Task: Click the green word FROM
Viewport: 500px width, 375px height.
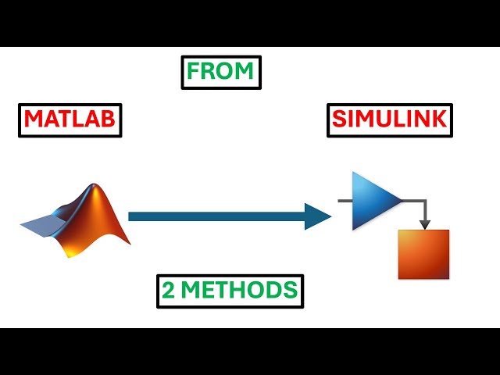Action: pos(220,72)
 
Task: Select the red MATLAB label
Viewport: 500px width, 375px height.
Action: pos(70,120)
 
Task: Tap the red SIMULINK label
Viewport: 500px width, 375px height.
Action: pos(388,120)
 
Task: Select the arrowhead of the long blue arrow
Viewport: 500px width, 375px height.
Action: pos(319,216)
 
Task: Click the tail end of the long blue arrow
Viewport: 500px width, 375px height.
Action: pos(131,216)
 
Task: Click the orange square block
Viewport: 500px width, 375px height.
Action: pos(423,254)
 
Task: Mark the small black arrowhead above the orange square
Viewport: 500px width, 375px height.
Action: pos(424,224)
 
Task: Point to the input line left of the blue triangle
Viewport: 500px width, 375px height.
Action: pos(345,201)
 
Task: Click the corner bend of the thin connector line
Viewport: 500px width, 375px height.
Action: pos(424,202)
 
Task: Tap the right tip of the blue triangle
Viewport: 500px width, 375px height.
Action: pos(401,201)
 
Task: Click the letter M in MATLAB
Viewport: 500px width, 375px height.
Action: pos(33,120)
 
